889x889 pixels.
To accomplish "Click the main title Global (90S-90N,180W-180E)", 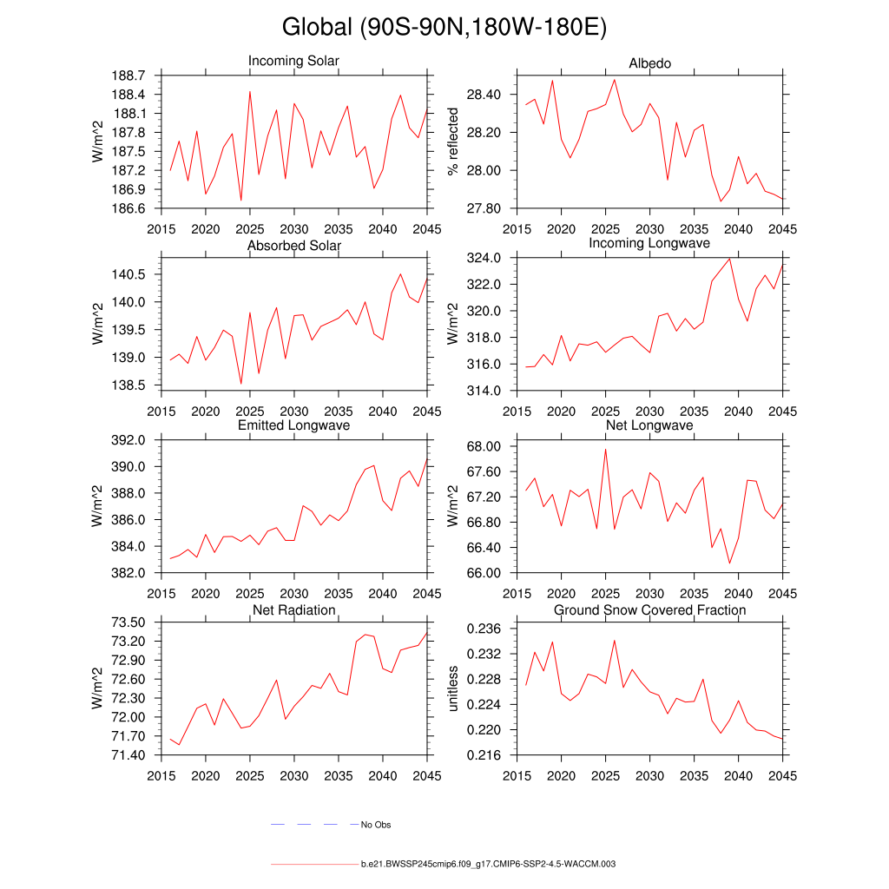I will (x=444, y=28).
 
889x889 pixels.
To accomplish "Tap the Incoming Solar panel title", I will (x=293, y=62).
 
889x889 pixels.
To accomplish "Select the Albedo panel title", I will (x=649, y=63).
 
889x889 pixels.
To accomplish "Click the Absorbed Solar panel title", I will (x=293, y=246).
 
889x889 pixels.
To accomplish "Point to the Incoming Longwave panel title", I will (x=649, y=243).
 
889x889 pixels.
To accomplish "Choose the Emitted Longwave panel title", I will (x=293, y=425).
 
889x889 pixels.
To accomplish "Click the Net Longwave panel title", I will (x=649, y=425).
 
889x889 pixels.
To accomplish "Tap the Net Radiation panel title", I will (x=293, y=610).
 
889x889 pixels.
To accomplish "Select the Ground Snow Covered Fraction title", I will (x=649, y=610).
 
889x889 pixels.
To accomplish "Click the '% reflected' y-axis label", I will (x=452, y=142).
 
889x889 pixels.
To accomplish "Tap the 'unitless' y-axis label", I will (x=452, y=688).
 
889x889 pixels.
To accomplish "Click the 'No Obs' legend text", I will (x=376, y=825).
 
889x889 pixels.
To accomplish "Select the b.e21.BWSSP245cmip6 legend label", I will (x=488, y=865).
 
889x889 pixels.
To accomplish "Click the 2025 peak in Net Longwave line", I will (x=605, y=449).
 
